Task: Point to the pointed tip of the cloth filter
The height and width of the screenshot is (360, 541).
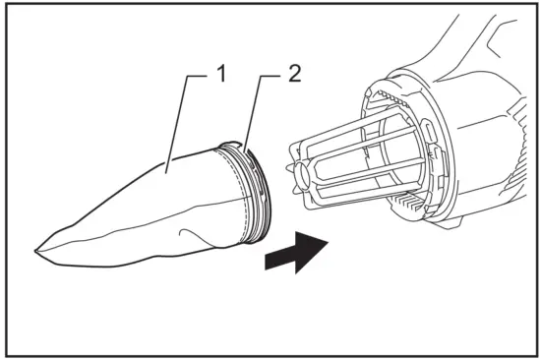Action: (36, 253)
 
